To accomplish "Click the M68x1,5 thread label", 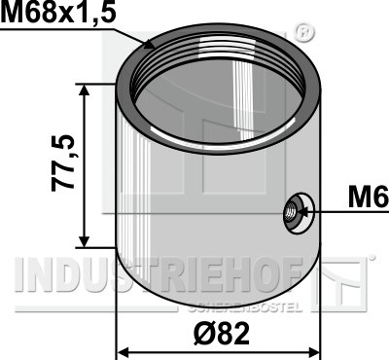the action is click(58, 13).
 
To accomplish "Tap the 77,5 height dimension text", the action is click(63, 162).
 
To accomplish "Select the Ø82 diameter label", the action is click(222, 334).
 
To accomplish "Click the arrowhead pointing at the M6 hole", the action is click(303, 212).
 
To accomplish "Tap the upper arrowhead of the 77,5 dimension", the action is click(85, 90).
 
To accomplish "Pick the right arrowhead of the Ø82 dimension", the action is click(314, 352).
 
